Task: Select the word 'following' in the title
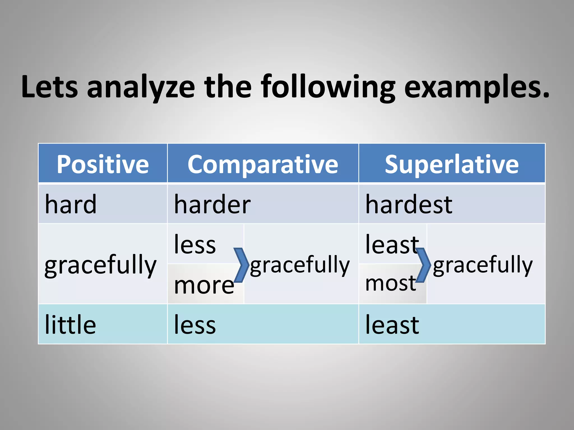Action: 328,87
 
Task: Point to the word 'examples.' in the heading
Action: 476,87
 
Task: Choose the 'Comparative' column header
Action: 263,165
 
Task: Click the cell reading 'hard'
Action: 71,204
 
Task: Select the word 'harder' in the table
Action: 212,204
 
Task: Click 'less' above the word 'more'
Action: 195,244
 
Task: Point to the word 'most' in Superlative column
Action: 390,283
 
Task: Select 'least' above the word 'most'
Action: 392,244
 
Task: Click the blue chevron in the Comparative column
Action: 241,265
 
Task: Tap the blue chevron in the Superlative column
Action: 423,265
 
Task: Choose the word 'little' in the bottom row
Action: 70,324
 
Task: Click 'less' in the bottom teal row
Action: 195,324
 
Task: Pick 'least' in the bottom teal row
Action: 392,324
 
